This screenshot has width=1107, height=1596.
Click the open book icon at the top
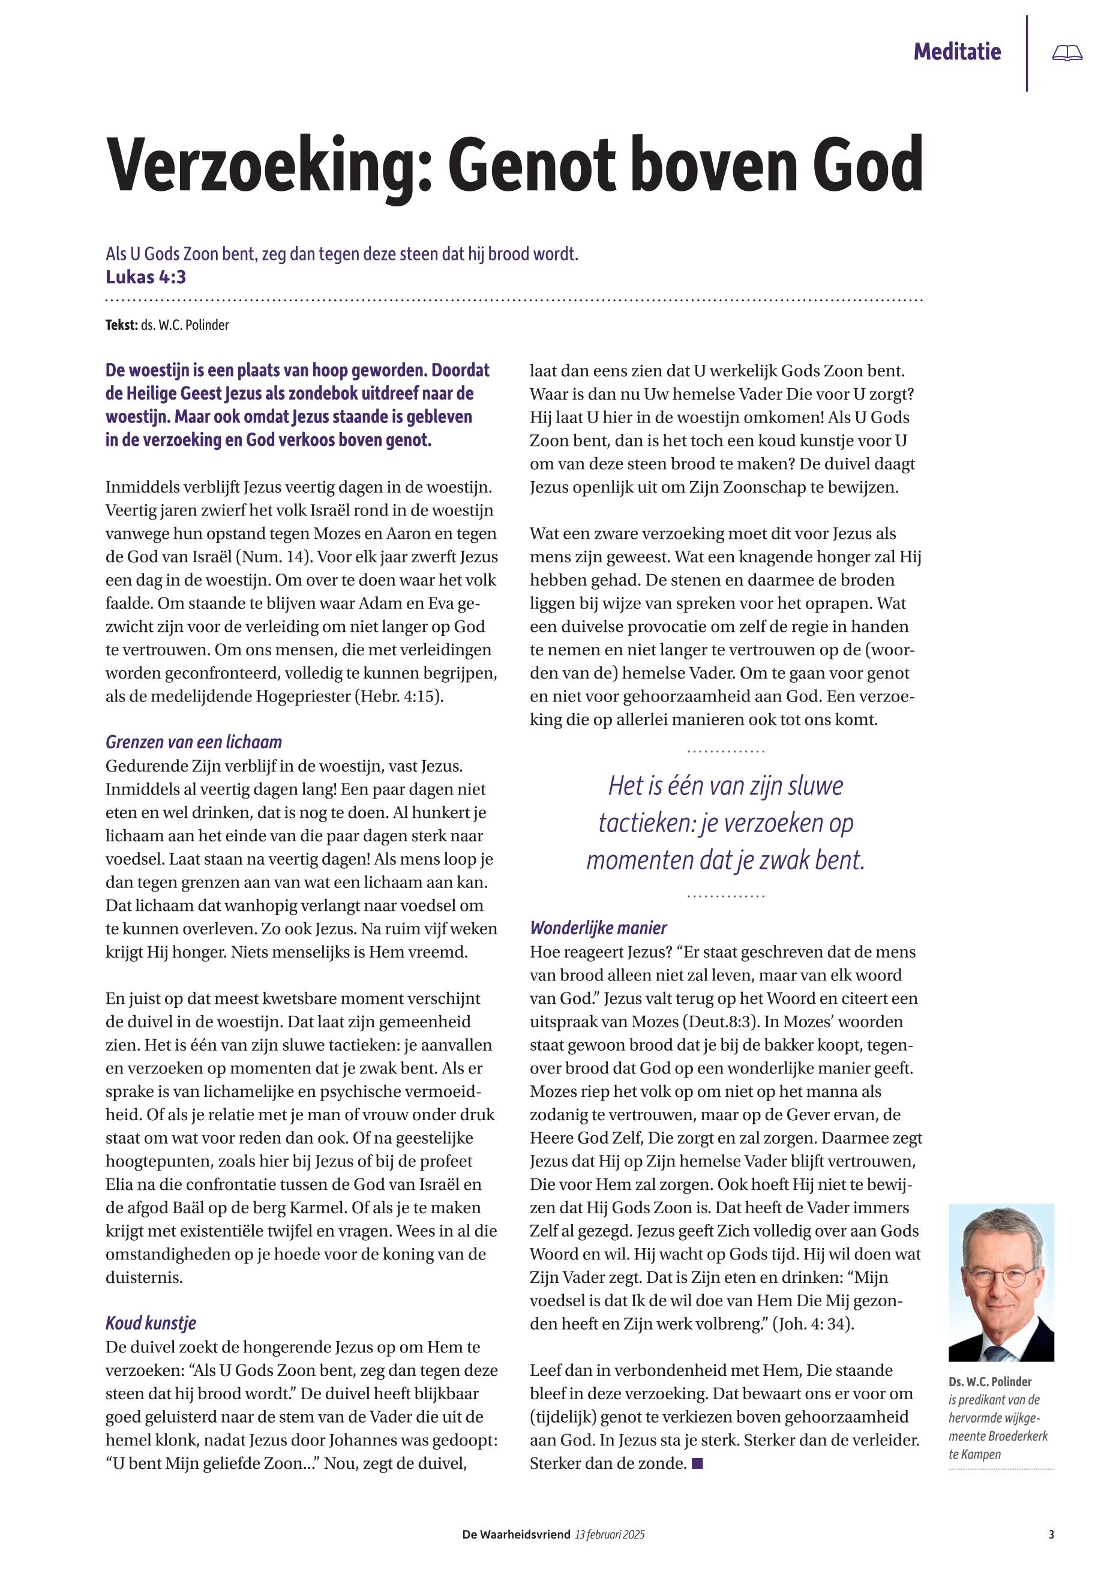(1067, 53)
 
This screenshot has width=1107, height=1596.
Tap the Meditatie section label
(957, 52)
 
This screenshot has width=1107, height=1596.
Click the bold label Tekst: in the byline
(121, 325)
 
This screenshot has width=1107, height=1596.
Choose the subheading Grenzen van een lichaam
(194, 742)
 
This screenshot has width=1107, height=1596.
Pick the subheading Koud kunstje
(151, 1323)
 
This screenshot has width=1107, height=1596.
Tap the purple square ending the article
(698, 1463)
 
